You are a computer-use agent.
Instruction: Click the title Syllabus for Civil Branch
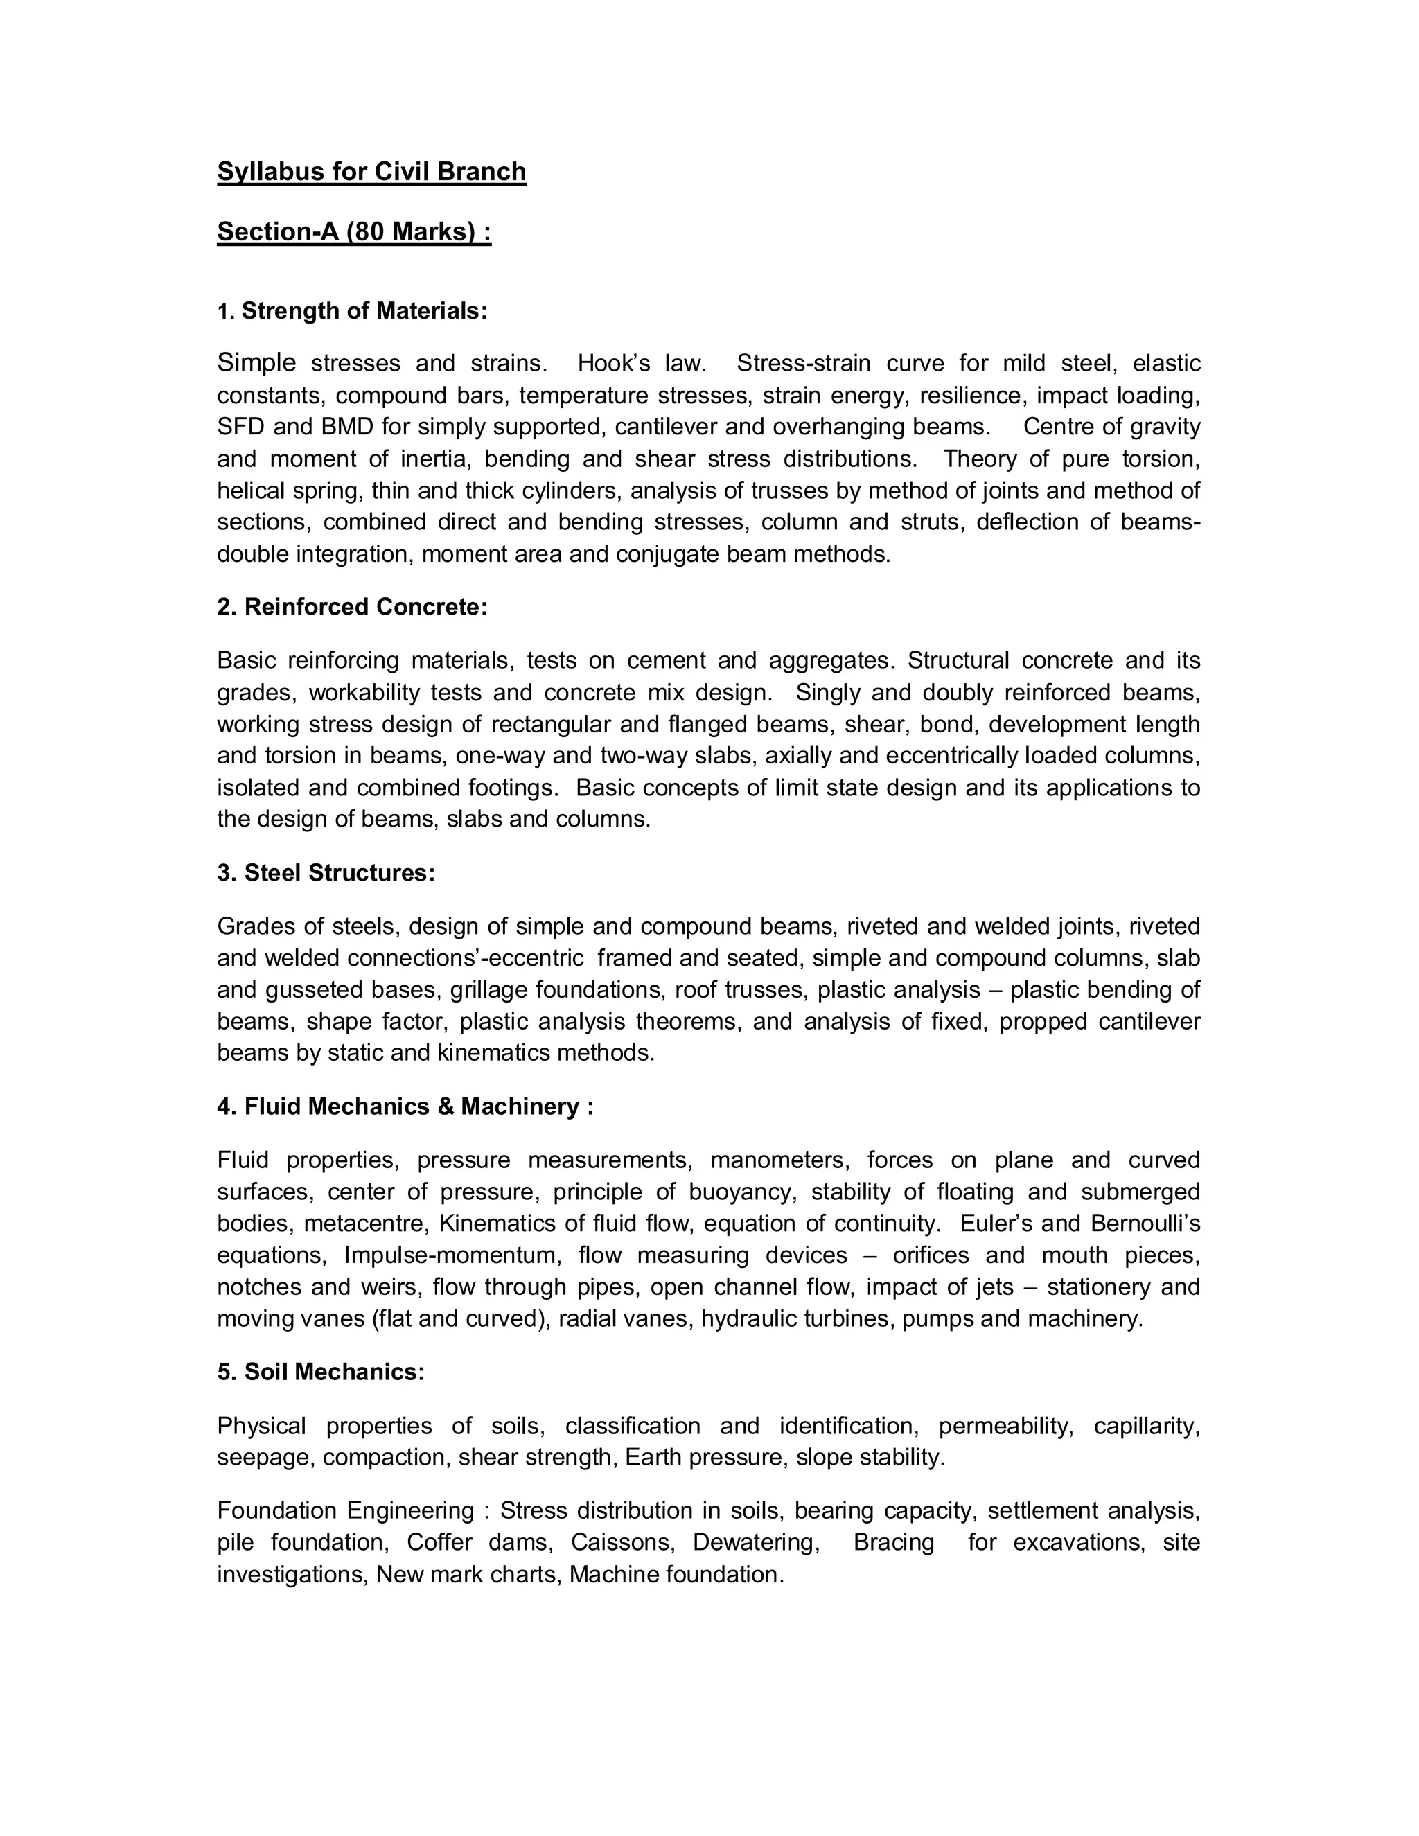pyautogui.click(x=371, y=172)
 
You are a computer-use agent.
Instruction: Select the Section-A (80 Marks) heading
pyautogui.click(x=354, y=231)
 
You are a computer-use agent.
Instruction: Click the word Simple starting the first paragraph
pyautogui.click(x=256, y=363)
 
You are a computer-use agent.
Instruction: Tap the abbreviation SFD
pyautogui.click(x=241, y=427)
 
